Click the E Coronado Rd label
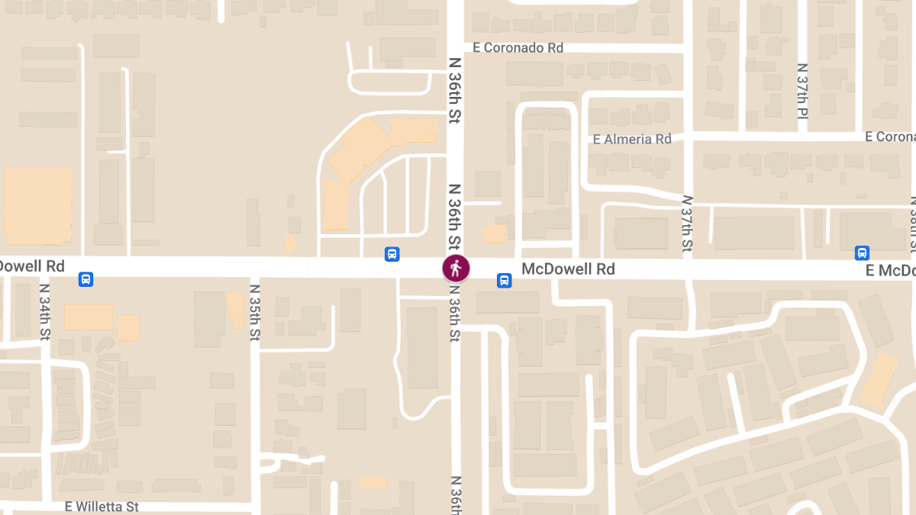pyautogui.click(x=518, y=48)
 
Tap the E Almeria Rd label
pyautogui.click(x=632, y=139)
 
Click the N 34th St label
pyautogui.click(x=44, y=312)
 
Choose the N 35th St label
pyautogui.click(x=256, y=312)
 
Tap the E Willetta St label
pyautogui.click(x=102, y=506)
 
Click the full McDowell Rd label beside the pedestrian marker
pyautogui.click(x=568, y=269)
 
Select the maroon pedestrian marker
pyautogui.click(x=456, y=268)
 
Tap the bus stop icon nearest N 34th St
pyautogui.click(x=85, y=279)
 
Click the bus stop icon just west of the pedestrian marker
pyautogui.click(x=392, y=253)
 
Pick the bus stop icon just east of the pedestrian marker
pyautogui.click(x=505, y=280)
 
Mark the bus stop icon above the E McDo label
pyautogui.click(x=863, y=253)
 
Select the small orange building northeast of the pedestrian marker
pyautogui.click(x=494, y=233)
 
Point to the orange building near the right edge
pyautogui.click(x=879, y=379)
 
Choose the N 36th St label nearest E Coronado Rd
pyautogui.click(x=454, y=90)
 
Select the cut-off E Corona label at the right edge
pyautogui.click(x=890, y=137)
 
